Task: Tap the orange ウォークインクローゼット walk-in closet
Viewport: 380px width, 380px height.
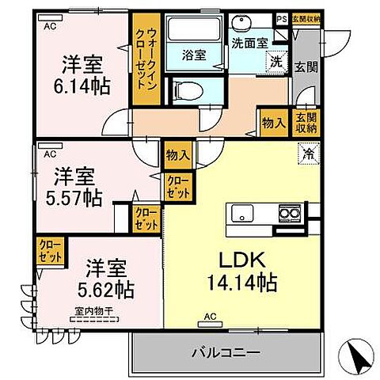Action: [146, 61]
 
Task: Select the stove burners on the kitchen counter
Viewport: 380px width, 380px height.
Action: [289, 212]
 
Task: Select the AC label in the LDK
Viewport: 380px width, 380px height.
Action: [211, 317]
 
